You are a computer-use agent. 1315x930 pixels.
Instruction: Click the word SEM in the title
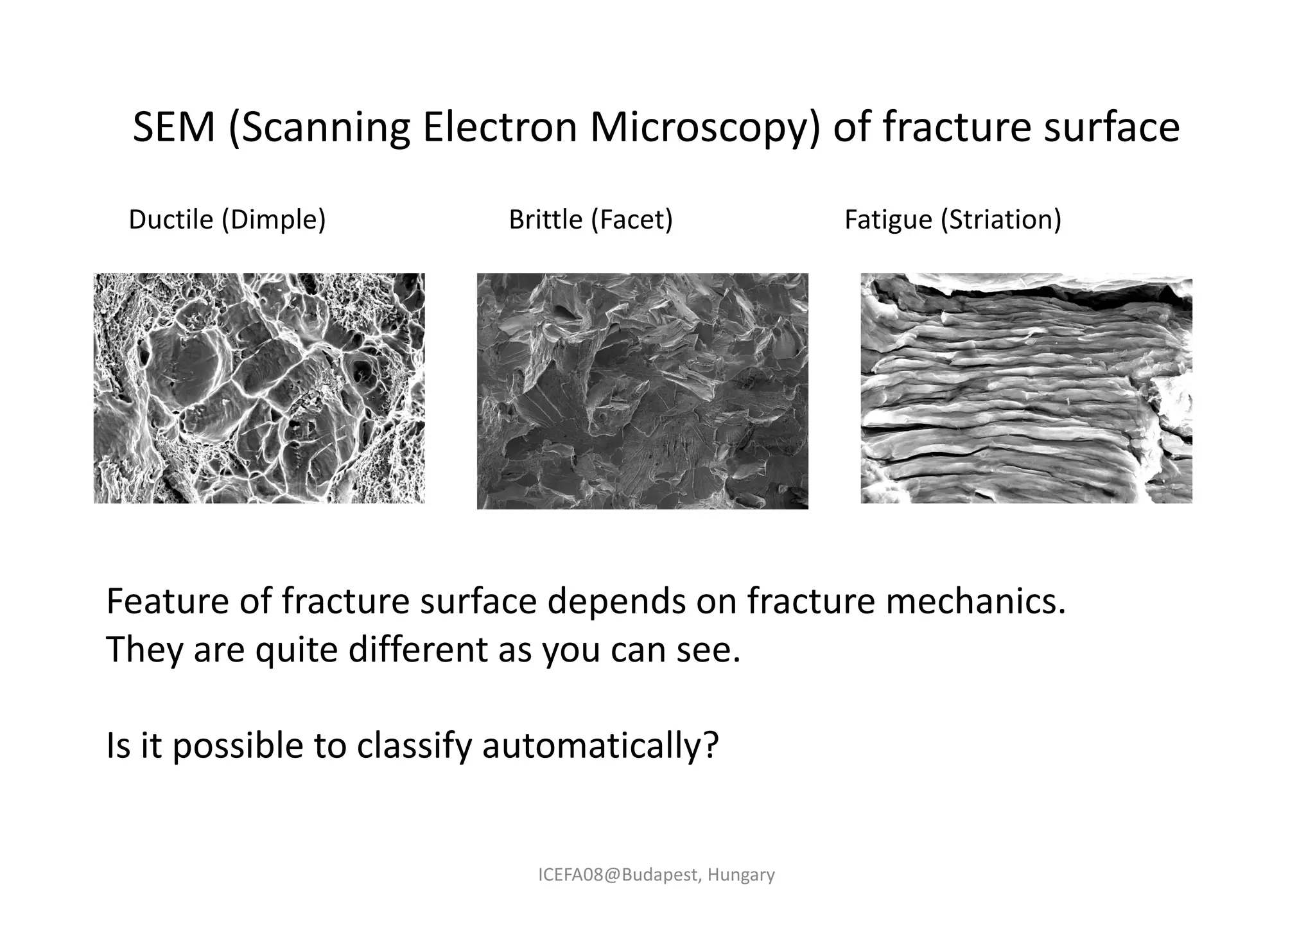pos(173,127)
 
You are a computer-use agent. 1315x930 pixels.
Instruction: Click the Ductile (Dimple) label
pos(227,220)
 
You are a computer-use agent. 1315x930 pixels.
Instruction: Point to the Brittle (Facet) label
pos(591,220)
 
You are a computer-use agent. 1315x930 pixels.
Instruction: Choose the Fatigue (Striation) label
pos(953,220)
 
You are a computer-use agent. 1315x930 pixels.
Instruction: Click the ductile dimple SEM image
pos(259,388)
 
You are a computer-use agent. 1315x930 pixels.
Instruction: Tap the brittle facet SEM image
pos(642,390)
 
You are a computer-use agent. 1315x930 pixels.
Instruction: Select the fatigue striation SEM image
pos(1026,388)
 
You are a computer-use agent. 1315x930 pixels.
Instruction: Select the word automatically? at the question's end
pos(600,746)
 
